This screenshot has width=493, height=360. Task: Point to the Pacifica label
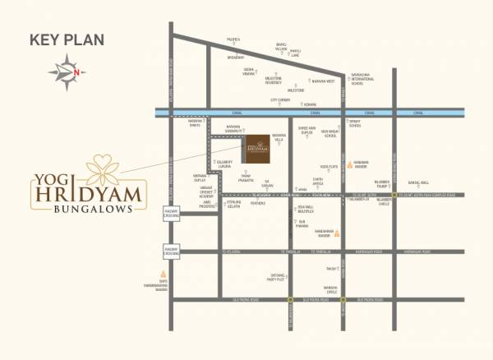pyautogui.click(x=234, y=39)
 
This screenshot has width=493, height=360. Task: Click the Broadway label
pyautogui.click(x=236, y=58)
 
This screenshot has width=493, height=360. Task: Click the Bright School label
pyautogui.click(x=355, y=124)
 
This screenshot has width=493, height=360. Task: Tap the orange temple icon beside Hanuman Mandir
pyautogui.click(x=349, y=164)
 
